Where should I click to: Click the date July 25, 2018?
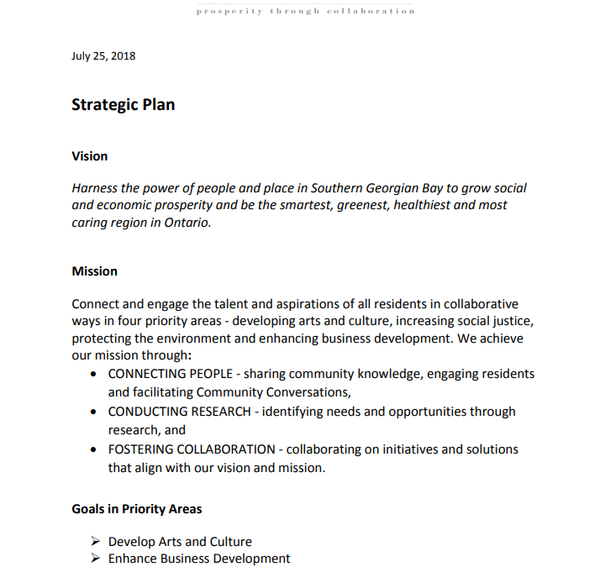(103, 56)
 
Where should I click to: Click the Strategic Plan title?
(123, 105)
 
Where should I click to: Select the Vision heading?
(89, 156)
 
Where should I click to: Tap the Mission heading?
(94, 271)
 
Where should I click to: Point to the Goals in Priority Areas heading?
(136, 509)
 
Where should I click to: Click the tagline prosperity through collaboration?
(306, 12)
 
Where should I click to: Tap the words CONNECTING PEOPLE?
(170, 374)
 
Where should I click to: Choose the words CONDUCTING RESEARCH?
(179, 412)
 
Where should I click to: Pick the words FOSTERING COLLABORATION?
(191, 449)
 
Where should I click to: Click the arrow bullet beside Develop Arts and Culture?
(94, 542)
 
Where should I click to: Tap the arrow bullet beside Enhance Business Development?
(94, 559)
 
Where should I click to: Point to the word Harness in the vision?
(95, 188)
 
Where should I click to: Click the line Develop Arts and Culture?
(180, 542)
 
